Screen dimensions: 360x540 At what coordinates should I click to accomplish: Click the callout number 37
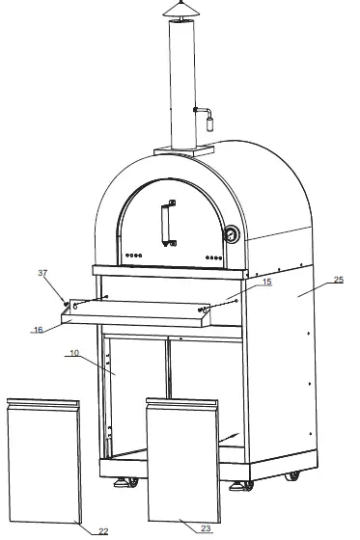(42, 273)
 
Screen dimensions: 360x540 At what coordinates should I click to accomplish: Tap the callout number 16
(38, 329)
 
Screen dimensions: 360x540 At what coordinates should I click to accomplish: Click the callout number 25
(338, 280)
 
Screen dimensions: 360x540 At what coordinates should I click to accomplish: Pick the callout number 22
(103, 529)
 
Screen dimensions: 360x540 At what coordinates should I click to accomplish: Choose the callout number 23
(205, 528)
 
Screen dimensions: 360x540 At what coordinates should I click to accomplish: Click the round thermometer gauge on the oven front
(233, 234)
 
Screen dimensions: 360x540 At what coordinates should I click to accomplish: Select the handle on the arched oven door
(168, 223)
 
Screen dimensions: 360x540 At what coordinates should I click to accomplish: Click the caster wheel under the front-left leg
(124, 481)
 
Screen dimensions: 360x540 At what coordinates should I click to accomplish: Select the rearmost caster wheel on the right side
(291, 474)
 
